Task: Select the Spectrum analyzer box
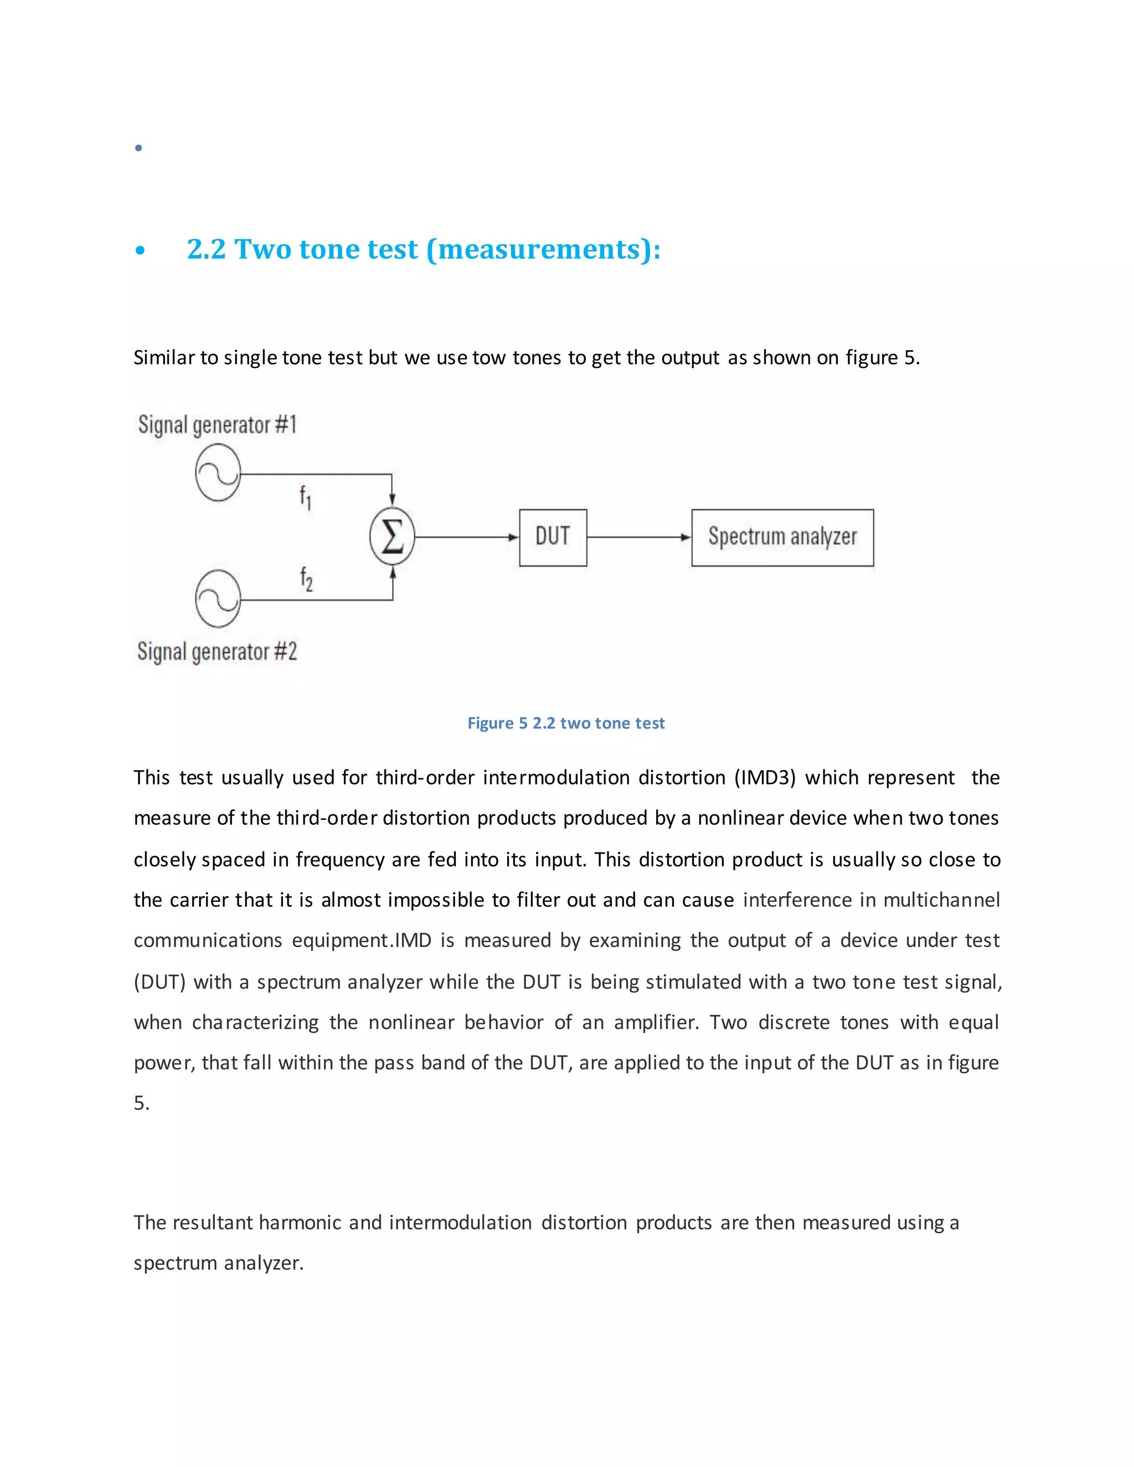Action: click(782, 538)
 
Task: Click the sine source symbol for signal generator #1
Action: click(218, 473)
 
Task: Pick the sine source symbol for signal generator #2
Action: click(218, 598)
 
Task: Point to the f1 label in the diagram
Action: click(305, 498)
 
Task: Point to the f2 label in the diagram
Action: click(306, 578)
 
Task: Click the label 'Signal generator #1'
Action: click(217, 425)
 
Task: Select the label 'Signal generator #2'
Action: click(217, 651)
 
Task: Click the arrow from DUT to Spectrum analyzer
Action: click(638, 538)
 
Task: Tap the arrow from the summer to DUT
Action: click(466, 538)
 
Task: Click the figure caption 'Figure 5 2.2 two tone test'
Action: click(566, 723)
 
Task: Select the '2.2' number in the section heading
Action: click(205, 249)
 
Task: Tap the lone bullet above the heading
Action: click(138, 148)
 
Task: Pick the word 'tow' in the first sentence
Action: click(488, 358)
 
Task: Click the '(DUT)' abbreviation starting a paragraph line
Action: click(159, 982)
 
